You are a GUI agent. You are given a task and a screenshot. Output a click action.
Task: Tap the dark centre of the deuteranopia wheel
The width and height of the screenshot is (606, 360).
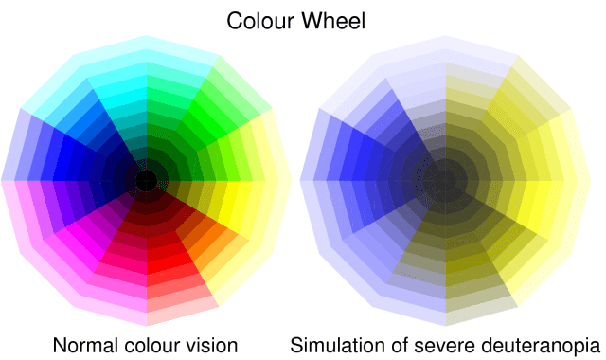(x=445, y=179)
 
